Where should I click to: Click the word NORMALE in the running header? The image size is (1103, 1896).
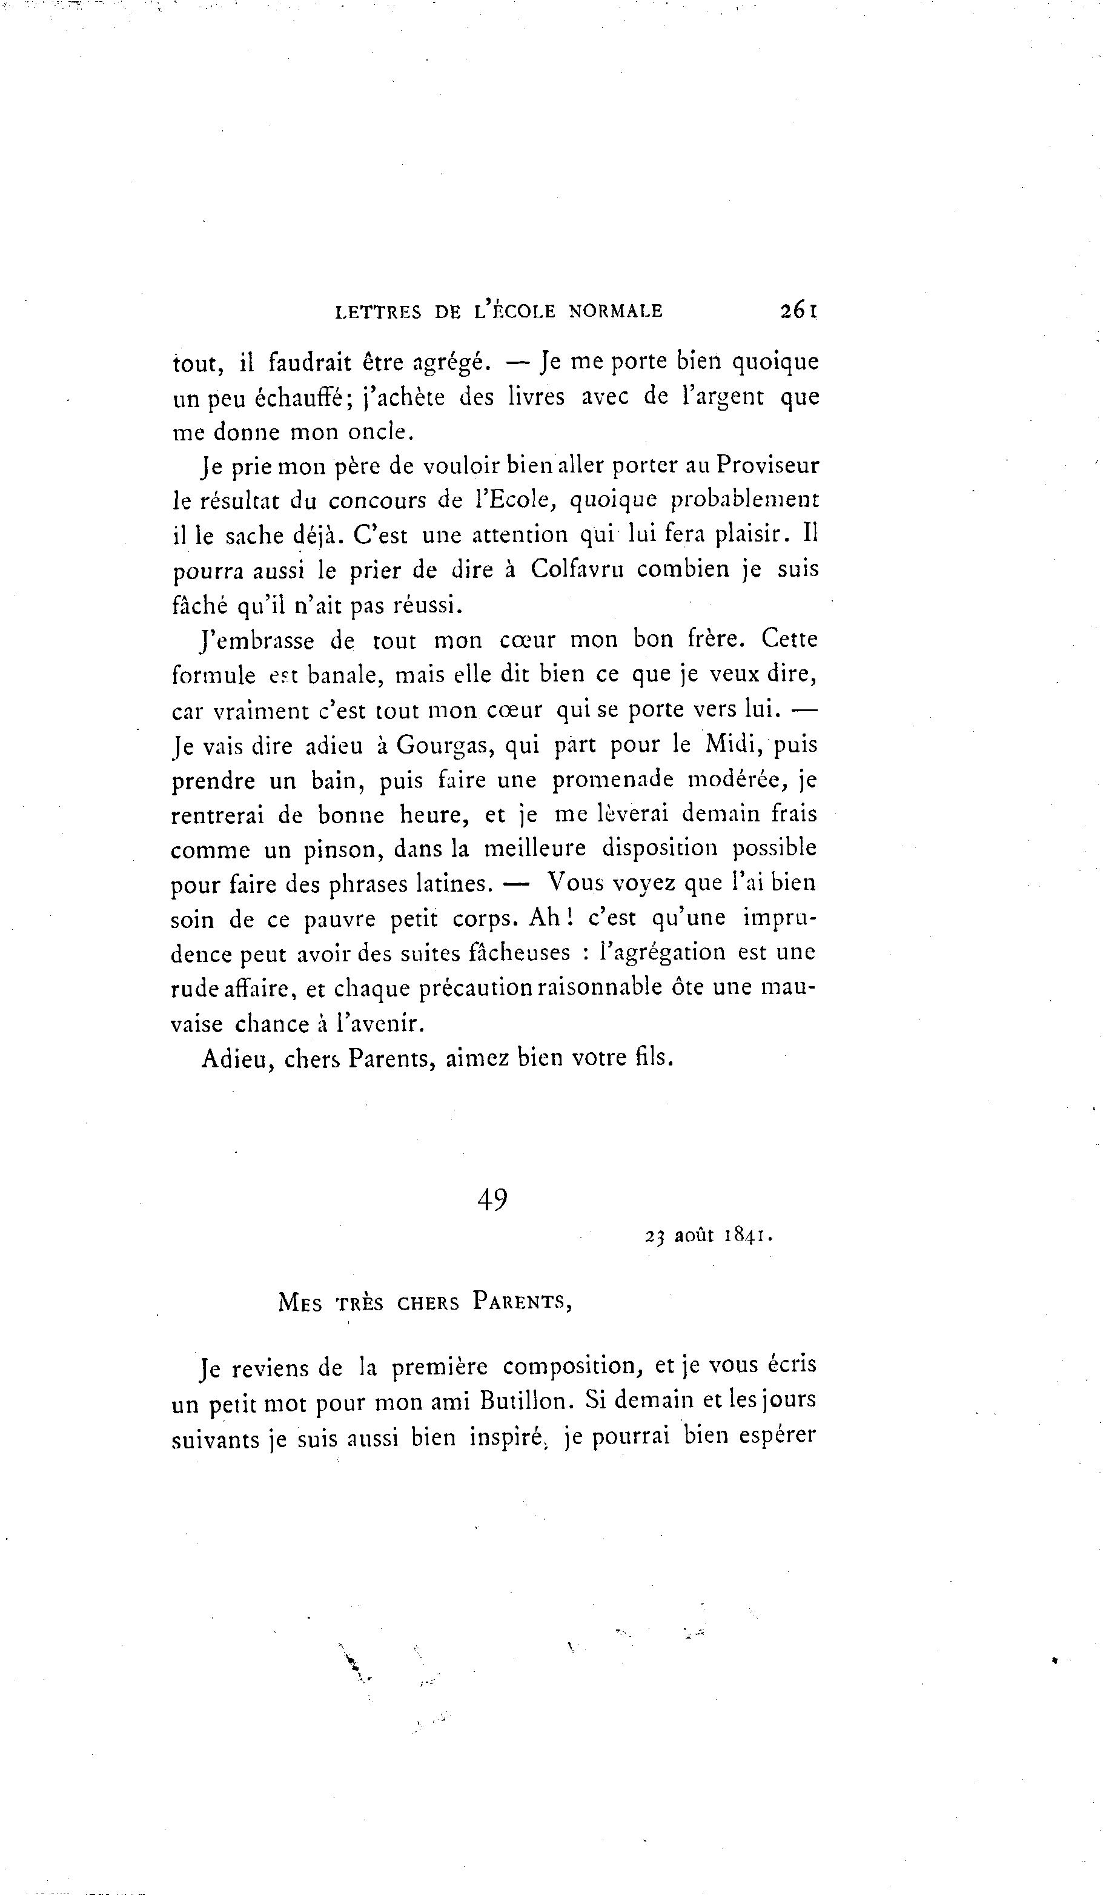pyautogui.click(x=615, y=311)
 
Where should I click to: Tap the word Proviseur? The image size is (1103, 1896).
pyautogui.click(x=767, y=466)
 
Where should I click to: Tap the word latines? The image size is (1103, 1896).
pyautogui.click(x=454, y=883)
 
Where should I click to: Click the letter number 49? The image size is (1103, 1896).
pyautogui.click(x=492, y=1199)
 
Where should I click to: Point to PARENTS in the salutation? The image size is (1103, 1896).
pyautogui.click(x=522, y=1302)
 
